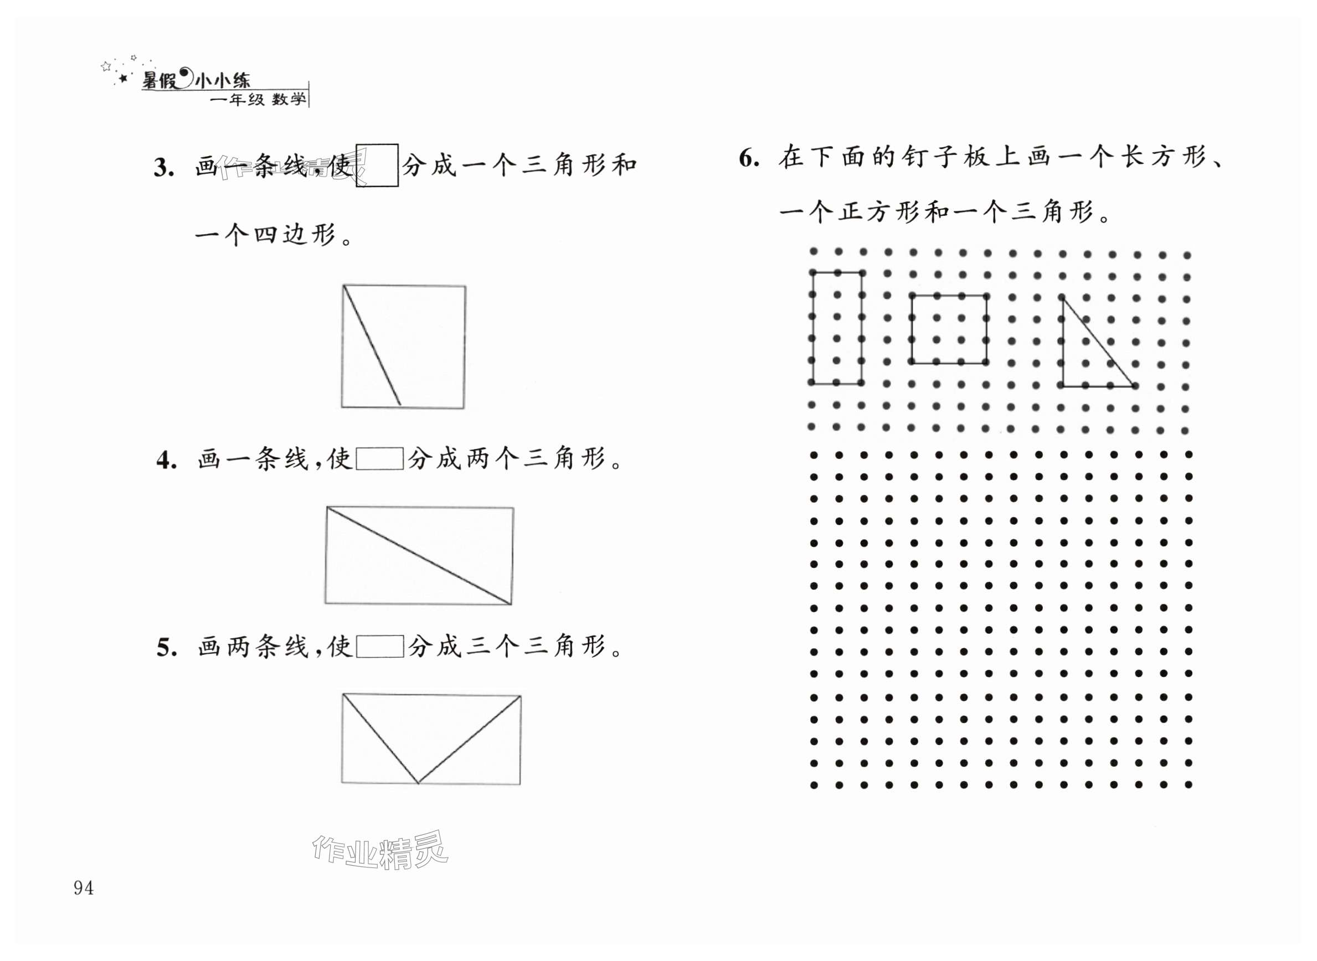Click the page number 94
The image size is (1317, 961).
coord(83,888)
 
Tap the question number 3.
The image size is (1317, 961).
coord(164,168)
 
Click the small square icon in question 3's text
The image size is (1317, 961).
coord(377,165)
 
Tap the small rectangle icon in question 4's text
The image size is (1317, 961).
coord(380,458)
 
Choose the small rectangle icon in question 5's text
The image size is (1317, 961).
coord(380,646)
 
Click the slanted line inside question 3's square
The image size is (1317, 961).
coord(372,345)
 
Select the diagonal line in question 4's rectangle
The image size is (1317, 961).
coord(419,556)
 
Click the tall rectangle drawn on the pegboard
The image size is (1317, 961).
coord(836,328)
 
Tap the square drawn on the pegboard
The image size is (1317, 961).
coord(949,329)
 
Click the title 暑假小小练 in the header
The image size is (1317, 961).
coord(196,80)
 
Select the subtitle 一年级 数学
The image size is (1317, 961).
coord(258,100)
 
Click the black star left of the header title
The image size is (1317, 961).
coord(123,78)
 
